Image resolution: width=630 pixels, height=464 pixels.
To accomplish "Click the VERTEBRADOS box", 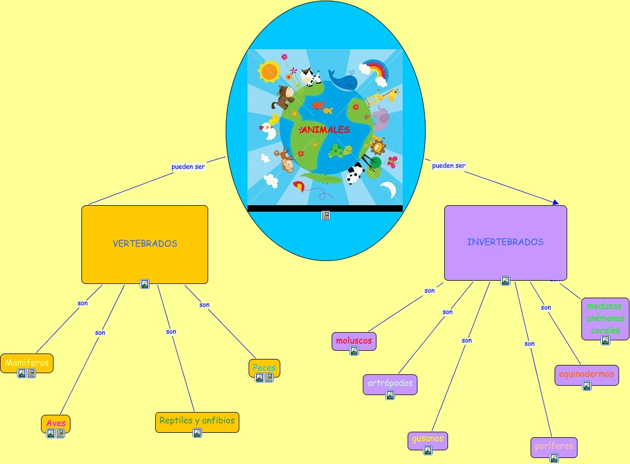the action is [x=145, y=243].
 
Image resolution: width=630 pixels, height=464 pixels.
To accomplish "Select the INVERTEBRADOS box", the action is [x=505, y=242].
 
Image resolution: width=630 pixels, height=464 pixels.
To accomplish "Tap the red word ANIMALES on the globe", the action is [x=325, y=130].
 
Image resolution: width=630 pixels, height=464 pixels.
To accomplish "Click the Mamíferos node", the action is [x=27, y=362].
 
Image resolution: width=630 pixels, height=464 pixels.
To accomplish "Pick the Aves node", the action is [x=56, y=423].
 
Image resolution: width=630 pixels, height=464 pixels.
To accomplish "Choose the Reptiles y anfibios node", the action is [x=197, y=421].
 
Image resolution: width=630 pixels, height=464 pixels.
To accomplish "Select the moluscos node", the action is [x=354, y=340].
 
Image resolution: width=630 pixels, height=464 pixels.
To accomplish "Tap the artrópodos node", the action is [x=390, y=383].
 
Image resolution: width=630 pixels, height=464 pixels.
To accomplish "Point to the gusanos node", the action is [x=428, y=439].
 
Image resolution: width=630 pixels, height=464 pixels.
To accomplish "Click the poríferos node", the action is [x=554, y=446].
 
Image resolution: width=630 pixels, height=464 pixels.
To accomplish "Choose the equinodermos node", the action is [x=586, y=374].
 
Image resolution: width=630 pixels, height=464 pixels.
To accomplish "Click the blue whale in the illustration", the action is [x=343, y=80].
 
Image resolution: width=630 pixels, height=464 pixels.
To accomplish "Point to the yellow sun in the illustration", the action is [x=269, y=71].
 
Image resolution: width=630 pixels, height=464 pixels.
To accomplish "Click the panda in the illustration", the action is [x=355, y=175].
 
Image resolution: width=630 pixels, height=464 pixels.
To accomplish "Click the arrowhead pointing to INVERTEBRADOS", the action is [x=556, y=202].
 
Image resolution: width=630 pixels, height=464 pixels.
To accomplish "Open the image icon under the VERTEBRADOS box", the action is [x=145, y=284].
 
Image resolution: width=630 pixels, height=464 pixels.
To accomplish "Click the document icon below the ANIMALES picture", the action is [x=326, y=216].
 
